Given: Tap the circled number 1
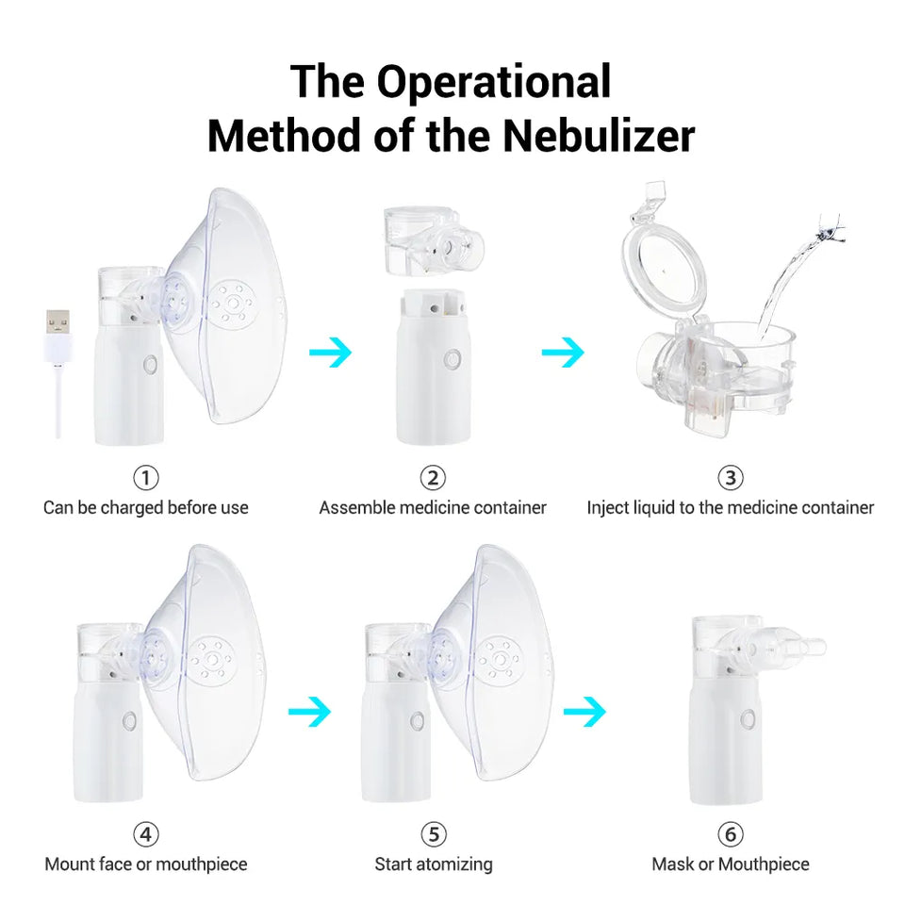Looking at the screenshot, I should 145,478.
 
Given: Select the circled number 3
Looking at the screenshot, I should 730,478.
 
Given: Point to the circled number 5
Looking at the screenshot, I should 433,834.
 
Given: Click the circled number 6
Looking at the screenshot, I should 730,834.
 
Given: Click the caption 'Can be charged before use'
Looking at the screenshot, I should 145,508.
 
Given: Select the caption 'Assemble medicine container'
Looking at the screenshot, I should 433,508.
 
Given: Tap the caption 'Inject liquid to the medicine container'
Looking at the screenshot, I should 730,508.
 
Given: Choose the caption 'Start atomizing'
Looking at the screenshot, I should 433,864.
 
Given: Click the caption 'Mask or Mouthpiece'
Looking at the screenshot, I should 730,864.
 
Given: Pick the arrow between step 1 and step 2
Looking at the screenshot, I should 330,354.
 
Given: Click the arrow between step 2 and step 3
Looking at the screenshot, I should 563,354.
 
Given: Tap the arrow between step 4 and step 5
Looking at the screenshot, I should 308,711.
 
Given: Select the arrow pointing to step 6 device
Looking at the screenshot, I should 584,711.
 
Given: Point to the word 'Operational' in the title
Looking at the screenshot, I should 493,81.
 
